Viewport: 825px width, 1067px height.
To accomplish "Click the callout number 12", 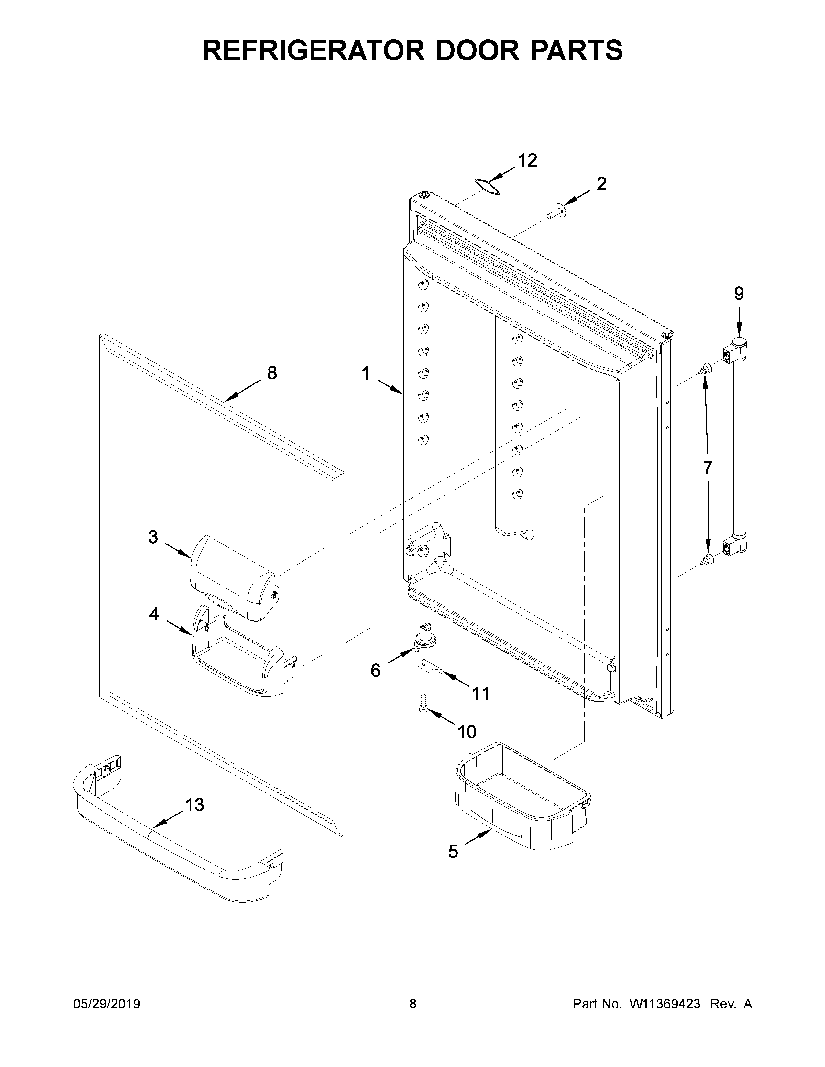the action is tap(527, 160).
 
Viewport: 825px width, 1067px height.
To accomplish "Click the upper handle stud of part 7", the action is tap(705, 369).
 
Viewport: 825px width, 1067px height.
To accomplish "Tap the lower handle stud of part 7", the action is tap(705, 560).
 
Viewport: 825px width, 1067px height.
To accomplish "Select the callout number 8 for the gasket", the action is tap(272, 373).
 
